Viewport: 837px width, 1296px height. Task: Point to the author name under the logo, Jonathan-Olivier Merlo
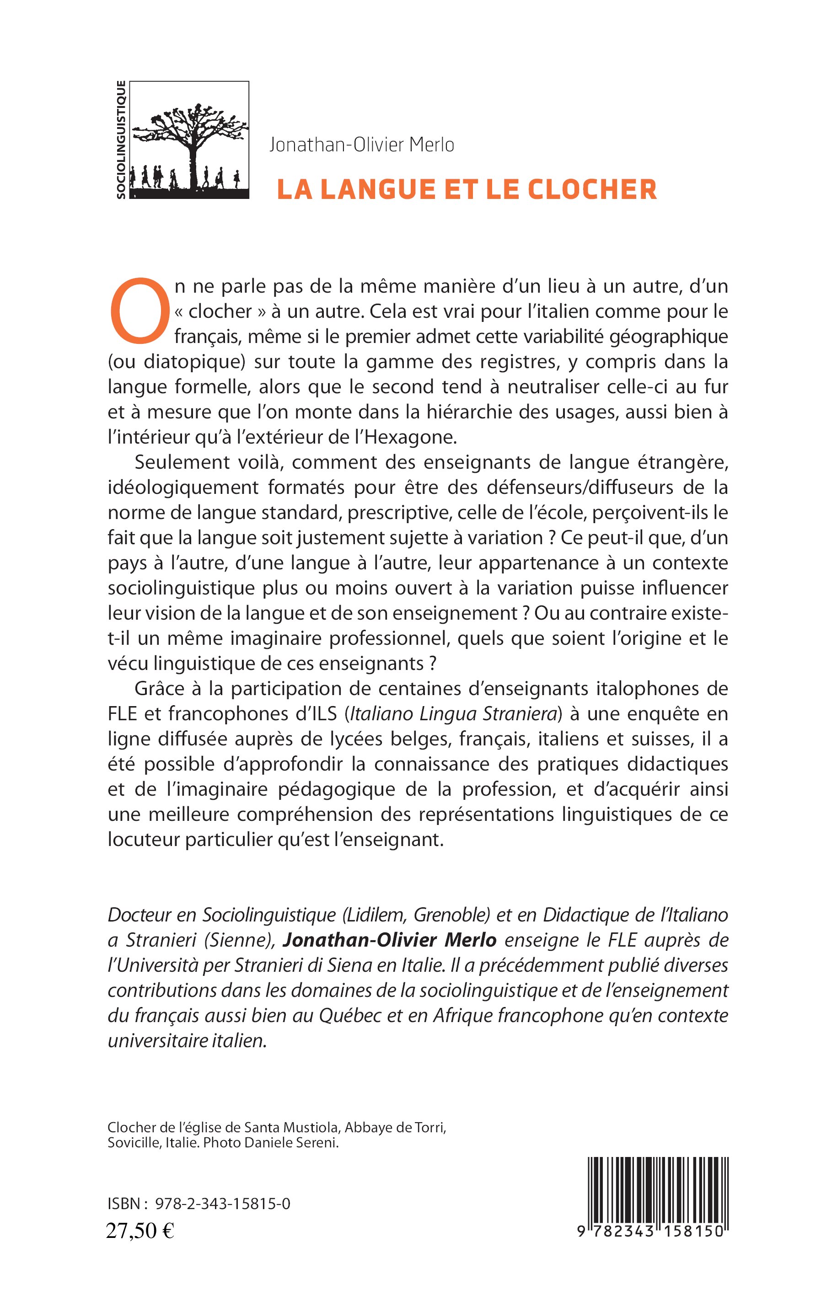click(361, 145)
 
